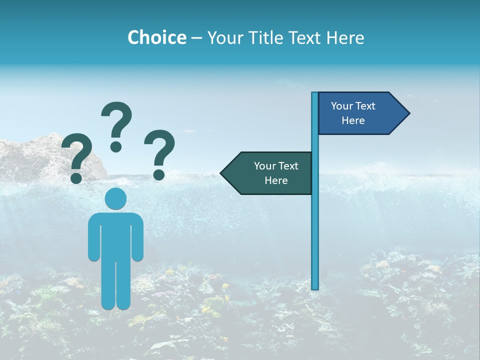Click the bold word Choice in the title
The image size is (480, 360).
[x=156, y=37]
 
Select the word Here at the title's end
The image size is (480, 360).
[x=345, y=37]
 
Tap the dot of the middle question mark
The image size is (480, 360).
[x=116, y=146]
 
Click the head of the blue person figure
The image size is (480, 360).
[x=115, y=198]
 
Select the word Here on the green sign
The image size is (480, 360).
[x=276, y=180]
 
